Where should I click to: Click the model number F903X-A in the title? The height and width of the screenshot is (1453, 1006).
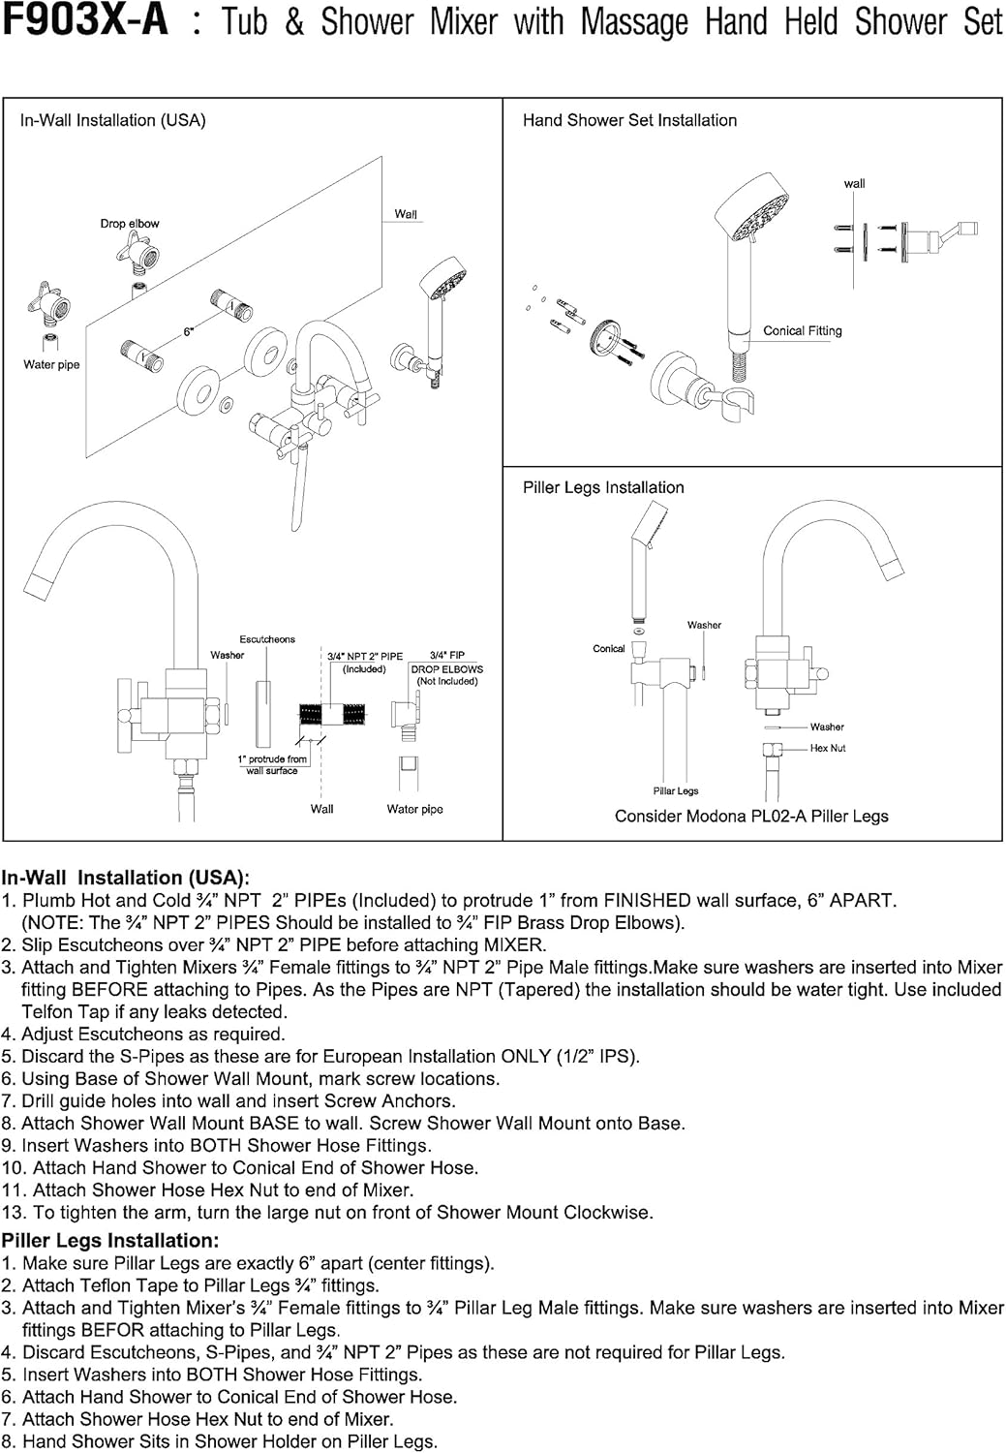(x=84, y=20)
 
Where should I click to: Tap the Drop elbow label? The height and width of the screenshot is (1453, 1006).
(x=130, y=223)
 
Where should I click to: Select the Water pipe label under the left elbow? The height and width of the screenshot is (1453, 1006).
(x=51, y=364)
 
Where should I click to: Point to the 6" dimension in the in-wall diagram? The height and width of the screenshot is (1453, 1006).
(x=189, y=332)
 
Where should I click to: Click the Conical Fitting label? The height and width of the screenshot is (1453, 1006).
(x=802, y=330)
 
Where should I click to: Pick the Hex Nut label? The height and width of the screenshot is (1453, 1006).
(x=828, y=748)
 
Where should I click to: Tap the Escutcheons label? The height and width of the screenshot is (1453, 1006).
(x=267, y=639)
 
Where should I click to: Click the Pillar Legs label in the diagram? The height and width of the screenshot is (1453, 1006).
(x=675, y=790)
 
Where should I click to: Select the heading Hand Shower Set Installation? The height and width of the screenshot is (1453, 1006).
(x=629, y=120)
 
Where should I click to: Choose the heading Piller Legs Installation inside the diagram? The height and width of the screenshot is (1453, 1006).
(x=603, y=487)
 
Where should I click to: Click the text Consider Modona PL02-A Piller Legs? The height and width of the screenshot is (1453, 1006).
(x=751, y=816)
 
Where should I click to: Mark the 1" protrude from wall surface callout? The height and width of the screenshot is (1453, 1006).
(x=272, y=764)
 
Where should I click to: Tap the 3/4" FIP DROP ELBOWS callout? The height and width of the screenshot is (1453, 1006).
(x=446, y=668)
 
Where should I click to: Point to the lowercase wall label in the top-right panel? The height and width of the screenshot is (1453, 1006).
(x=854, y=183)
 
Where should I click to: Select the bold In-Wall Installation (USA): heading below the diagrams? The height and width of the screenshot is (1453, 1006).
(x=125, y=878)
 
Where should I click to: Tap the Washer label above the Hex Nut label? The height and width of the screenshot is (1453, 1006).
(x=827, y=726)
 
